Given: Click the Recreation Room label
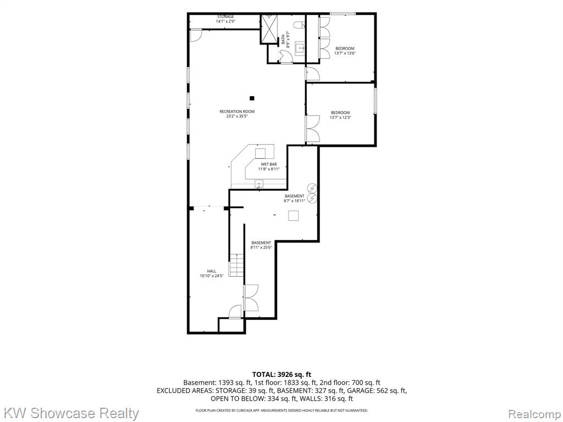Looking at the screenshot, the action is [237, 112].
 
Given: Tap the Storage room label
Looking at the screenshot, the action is [225, 17].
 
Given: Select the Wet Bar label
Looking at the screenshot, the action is [268, 164].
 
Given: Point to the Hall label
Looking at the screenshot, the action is [212, 271].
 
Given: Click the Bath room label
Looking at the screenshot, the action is [283, 39].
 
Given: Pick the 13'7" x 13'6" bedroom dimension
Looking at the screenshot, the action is [345, 53].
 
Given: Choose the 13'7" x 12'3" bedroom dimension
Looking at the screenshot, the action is [340, 118].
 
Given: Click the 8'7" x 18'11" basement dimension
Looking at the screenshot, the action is [295, 201].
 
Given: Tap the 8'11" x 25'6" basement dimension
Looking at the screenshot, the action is [261, 247].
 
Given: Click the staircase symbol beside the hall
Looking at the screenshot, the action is [236, 265].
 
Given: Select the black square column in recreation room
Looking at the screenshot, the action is [252, 98].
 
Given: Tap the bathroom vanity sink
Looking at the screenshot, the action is [300, 48].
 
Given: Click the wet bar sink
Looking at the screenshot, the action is [259, 184].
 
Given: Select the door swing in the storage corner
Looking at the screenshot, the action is [196, 35].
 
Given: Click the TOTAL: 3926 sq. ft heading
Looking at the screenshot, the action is [281, 375].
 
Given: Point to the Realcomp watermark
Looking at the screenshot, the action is [534, 414].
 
